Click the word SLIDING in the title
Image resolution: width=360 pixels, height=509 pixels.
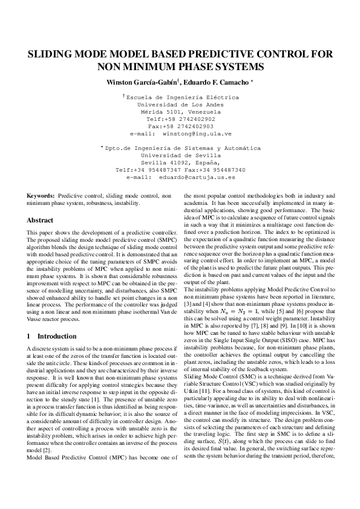(53, 54)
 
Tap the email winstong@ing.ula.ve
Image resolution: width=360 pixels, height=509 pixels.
(197, 133)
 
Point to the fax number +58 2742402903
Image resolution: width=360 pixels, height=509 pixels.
(189, 126)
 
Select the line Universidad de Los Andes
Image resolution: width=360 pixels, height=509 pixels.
(180, 104)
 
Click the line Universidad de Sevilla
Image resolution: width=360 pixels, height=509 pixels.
(180, 155)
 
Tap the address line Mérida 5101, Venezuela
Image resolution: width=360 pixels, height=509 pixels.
(180, 111)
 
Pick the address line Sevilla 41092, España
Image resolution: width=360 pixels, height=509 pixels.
(180, 163)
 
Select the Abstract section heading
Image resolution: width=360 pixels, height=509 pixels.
(40, 221)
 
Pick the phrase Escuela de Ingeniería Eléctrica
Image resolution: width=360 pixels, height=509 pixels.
(182, 97)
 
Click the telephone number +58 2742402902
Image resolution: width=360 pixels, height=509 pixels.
(189, 118)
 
